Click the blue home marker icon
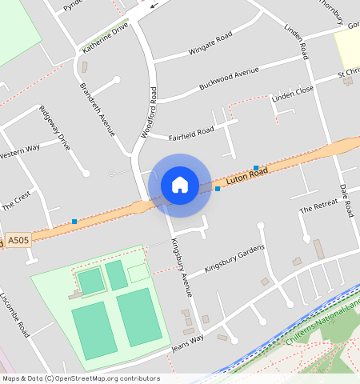(180, 185)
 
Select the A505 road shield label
(20, 240)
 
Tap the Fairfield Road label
(191, 132)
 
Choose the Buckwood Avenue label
(213, 82)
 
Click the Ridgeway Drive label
(55, 128)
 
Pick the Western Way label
(19, 151)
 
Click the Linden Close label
(293, 96)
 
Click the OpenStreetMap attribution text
(81, 378)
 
